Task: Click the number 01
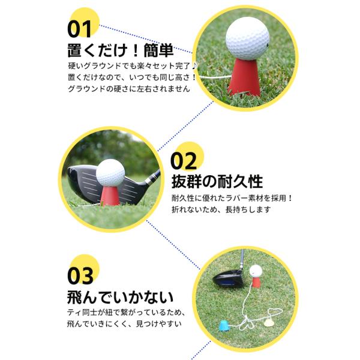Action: (x=79, y=29)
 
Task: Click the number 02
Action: (x=184, y=161)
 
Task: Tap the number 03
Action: (x=80, y=276)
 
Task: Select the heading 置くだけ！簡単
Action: (x=121, y=50)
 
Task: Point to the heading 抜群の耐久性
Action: (x=217, y=182)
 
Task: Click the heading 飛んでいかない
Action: (x=120, y=297)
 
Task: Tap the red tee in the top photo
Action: (x=245, y=77)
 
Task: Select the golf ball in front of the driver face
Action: (x=110, y=173)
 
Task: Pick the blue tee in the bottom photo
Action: (x=224, y=325)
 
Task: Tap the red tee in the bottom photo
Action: (x=256, y=282)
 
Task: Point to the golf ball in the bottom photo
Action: (x=256, y=271)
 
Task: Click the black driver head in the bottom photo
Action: (x=228, y=278)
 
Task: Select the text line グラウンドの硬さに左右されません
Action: (x=129, y=89)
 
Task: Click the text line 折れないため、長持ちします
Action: (x=221, y=209)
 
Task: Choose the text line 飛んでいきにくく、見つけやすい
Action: (x=124, y=324)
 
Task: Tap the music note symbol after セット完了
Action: (x=194, y=66)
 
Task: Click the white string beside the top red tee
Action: (x=216, y=77)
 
